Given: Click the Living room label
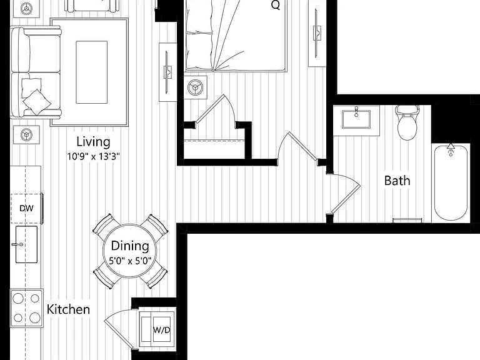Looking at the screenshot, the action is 93,142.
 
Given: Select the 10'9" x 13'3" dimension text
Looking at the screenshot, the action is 93,157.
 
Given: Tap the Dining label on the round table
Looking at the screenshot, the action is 130,246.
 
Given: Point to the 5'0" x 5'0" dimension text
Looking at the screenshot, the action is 130,261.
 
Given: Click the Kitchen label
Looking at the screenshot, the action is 68,309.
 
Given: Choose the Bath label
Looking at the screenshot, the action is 397,181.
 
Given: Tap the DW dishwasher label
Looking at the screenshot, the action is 26,209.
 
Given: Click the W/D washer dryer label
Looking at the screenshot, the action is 162,330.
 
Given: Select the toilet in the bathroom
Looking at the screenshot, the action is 407,122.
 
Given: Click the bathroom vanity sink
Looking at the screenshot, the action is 356,119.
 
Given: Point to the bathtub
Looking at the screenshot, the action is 451,182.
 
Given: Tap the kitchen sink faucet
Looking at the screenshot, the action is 17,244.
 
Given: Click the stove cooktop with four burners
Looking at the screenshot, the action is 26,308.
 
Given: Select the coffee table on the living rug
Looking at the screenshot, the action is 91,72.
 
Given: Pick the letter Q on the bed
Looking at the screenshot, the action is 276,5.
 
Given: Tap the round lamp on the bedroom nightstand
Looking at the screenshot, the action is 195,88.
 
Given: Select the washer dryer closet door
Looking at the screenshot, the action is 119,330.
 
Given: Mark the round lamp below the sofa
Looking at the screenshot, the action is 26,135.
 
